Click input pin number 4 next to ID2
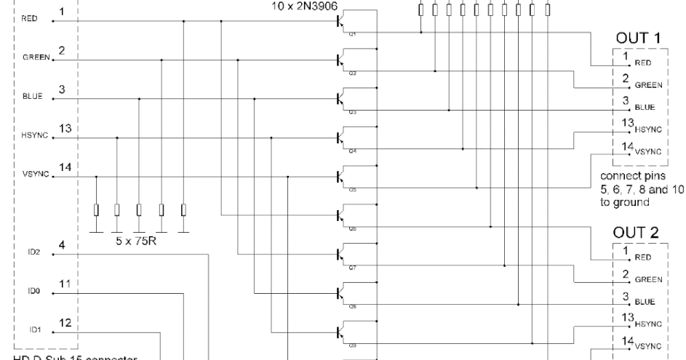(x=63, y=247)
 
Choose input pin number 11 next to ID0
(x=63, y=285)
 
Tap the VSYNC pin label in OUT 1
(x=650, y=153)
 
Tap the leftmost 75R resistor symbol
(x=97, y=210)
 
